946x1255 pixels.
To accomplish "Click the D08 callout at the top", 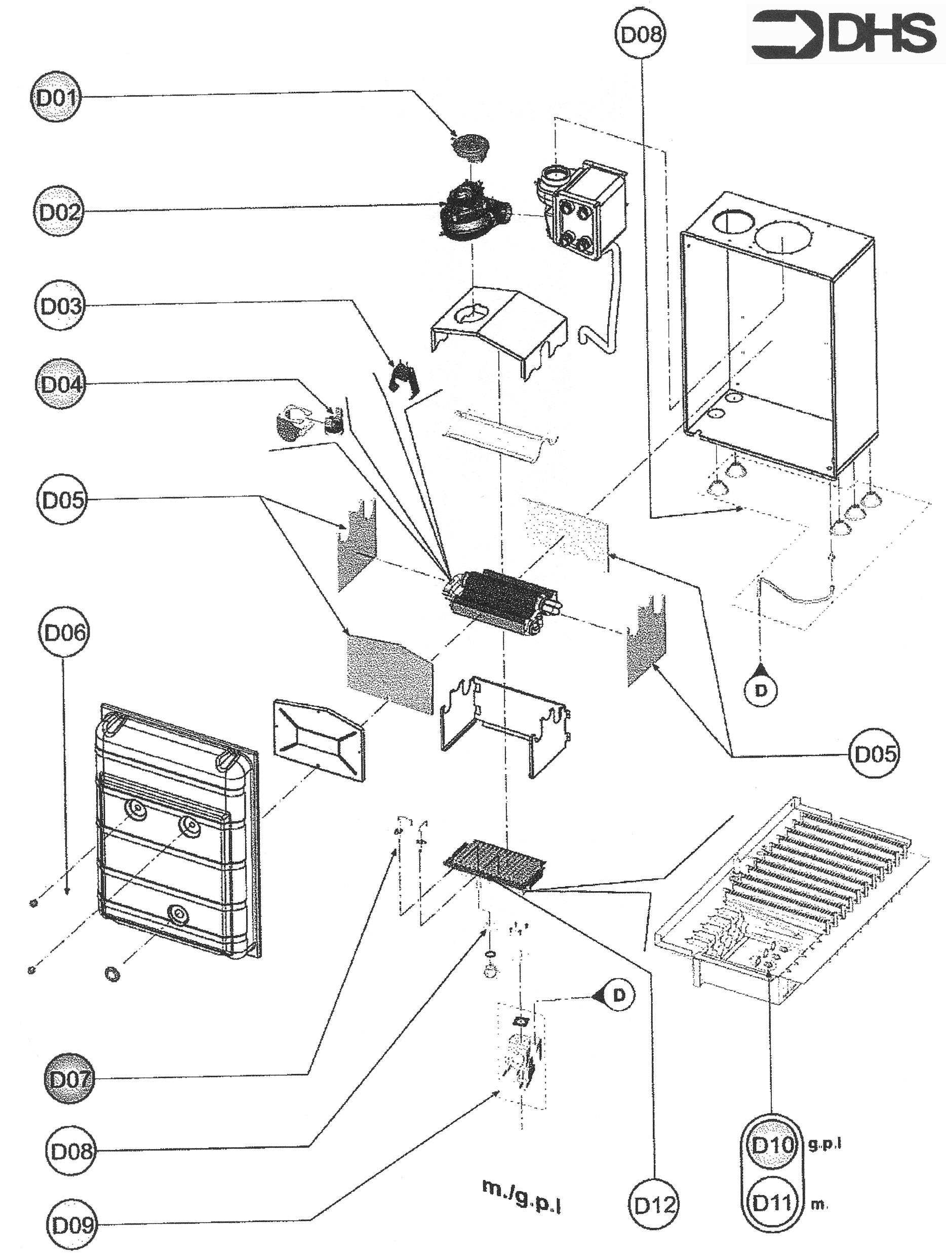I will [x=640, y=34].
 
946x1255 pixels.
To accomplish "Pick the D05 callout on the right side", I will [x=874, y=754].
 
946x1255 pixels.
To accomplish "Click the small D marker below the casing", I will [x=761, y=690].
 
